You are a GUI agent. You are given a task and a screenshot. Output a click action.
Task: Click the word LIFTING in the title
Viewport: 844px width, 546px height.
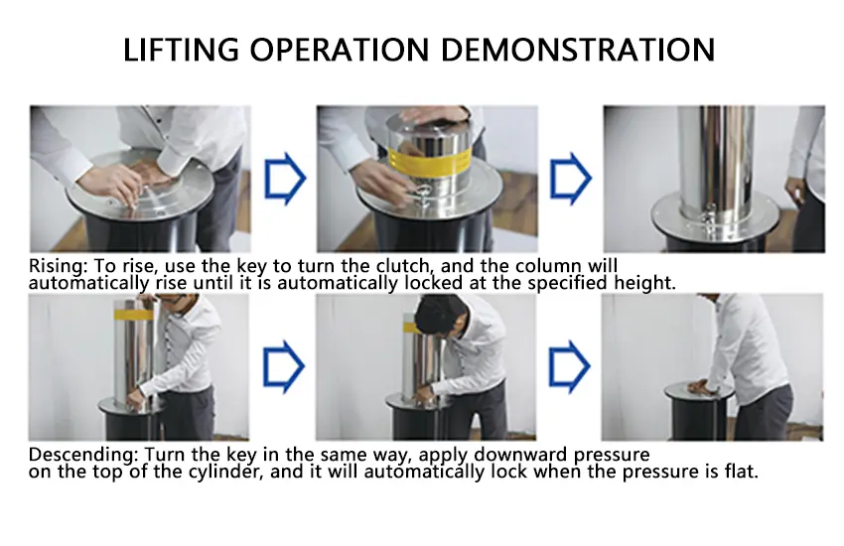(182, 50)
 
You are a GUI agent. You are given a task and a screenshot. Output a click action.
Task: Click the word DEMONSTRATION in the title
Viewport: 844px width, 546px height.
(578, 50)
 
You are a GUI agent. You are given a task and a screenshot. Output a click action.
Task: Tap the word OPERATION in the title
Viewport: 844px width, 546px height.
(340, 50)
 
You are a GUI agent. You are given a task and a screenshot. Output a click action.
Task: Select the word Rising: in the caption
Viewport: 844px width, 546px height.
(59, 266)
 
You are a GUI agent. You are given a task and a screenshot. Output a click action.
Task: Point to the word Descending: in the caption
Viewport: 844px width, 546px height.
(83, 455)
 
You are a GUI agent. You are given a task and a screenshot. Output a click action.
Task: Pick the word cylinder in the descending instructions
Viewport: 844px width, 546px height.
(225, 472)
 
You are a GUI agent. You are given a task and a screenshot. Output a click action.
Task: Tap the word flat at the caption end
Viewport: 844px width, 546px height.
(741, 472)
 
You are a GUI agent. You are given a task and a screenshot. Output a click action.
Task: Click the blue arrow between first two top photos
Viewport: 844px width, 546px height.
(285, 179)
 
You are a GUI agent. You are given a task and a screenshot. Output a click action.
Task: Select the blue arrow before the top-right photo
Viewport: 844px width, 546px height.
(571, 179)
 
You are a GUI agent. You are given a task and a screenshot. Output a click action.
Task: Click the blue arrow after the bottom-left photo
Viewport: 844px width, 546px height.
(284, 367)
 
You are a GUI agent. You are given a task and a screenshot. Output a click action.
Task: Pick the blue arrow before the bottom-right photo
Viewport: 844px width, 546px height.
(570, 367)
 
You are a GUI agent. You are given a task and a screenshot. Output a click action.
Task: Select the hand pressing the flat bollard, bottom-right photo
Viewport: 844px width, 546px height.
(699, 386)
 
